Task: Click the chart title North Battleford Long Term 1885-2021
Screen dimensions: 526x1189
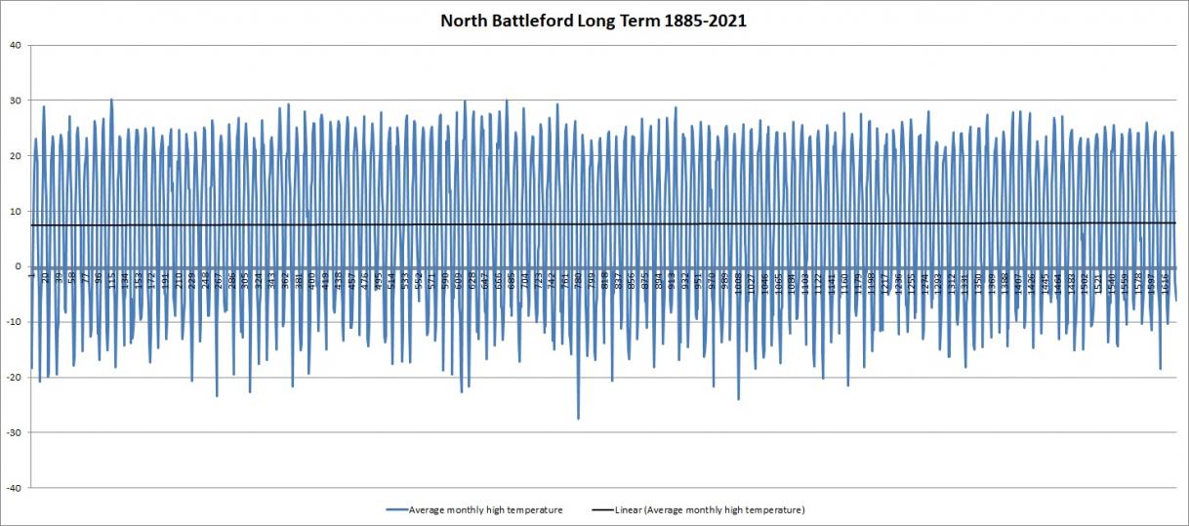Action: [594, 20]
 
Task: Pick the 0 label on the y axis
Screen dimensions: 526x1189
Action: [18, 266]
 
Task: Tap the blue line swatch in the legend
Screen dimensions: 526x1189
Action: [396, 510]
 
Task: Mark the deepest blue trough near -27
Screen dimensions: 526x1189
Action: [578, 419]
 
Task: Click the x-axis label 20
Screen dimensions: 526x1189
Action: [45, 278]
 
